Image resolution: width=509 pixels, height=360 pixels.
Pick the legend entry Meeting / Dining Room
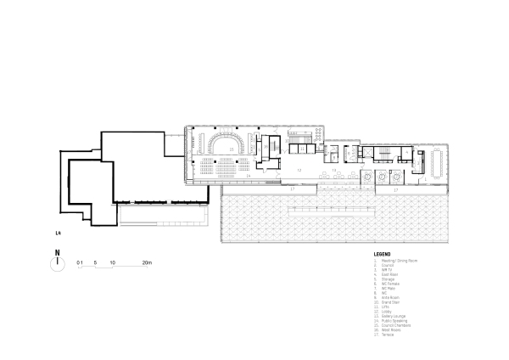(x=401, y=261)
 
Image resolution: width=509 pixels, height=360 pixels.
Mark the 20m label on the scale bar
(x=147, y=264)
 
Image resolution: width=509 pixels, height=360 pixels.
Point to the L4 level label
(x=57, y=231)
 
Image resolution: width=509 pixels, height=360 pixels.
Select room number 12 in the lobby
(x=299, y=146)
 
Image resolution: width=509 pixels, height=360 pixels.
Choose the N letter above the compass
(x=57, y=251)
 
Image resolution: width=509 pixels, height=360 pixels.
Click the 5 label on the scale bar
(x=96, y=264)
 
